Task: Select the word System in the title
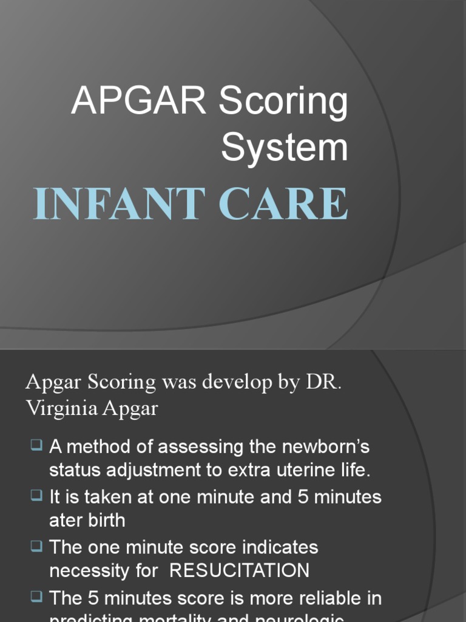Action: tap(285, 148)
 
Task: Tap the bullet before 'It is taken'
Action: tap(36, 496)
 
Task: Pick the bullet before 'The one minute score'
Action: tap(36, 546)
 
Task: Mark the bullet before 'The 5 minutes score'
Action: tap(36, 597)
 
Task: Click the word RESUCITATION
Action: tap(239, 570)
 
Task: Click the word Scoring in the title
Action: tap(283, 102)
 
